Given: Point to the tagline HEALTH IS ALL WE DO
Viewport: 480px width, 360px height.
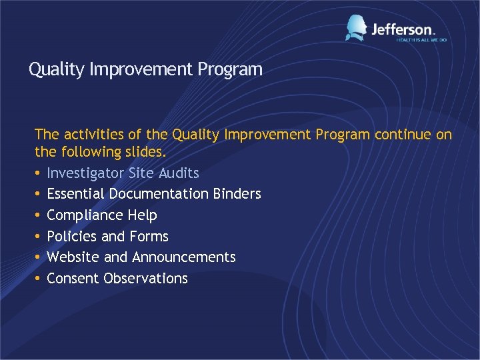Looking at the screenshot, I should [421, 40].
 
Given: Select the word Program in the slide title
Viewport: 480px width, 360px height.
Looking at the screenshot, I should [231, 69].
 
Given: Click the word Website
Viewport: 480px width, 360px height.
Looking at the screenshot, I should [73, 257].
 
